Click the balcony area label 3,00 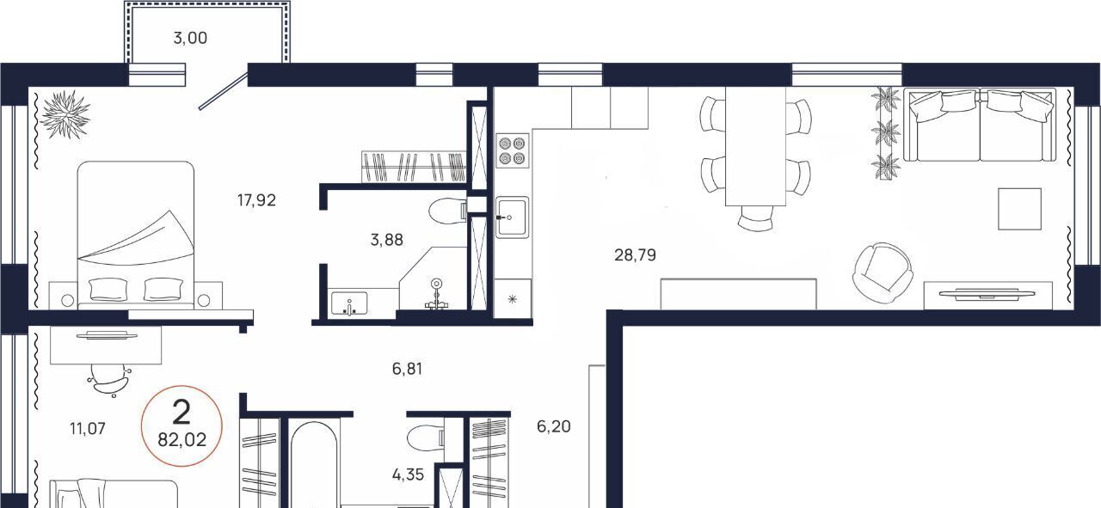tap(190, 39)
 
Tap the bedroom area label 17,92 tap(256, 200)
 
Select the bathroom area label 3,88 tap(387, 240)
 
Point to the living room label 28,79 tap(635, 255)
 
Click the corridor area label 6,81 tap(407, 369)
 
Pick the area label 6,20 tap(553, 426)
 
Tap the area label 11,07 tap(88, 429)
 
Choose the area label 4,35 tap(408, 474)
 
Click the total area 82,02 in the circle tap(181, 440)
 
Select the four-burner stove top tap(512, 150)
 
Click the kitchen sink tap(512, 217)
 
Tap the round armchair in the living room tap(883, 272)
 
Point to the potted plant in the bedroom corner tap(65, 114)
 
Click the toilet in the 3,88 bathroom tap(447, 211)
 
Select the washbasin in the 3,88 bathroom tap(349, 303)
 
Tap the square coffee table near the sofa tap(1019, 209)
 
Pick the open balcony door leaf tap(223, 91)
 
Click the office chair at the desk tap(110, 380)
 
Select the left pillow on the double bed tap(108, 290)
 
